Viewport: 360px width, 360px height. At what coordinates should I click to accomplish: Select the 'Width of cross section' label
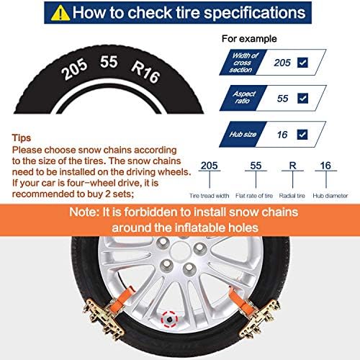tap(241, 63)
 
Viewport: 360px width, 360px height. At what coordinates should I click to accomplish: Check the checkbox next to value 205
tap(302, 63)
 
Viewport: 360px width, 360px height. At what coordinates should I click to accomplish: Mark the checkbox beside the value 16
tap(302, 134)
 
